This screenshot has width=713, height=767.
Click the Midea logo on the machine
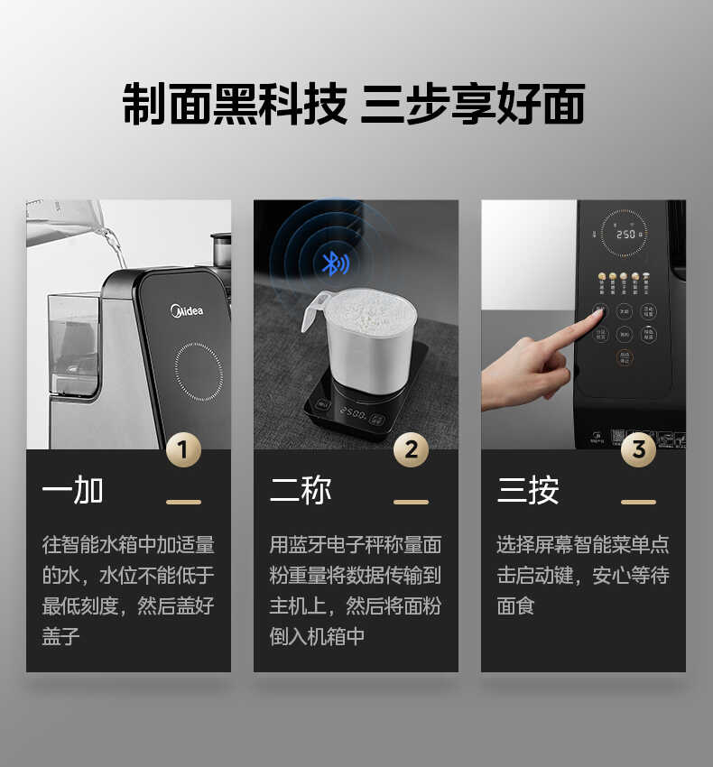(188, 310)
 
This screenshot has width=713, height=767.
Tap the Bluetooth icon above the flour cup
(335, 263)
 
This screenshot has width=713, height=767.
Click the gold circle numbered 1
(183, 448)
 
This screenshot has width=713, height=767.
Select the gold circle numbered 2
(411, 448)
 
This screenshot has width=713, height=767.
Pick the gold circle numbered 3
(638, 448)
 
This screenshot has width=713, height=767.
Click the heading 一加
(73, 491)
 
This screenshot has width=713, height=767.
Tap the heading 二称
(301, 491)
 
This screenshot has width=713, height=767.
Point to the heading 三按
(528, 491)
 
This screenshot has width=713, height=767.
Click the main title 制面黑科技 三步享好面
(354, 104)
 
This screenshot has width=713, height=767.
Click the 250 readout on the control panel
(625, 234)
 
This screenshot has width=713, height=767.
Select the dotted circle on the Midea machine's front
(199, 371)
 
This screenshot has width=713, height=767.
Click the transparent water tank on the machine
(73, 343)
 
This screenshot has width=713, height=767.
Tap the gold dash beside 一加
(183, 502)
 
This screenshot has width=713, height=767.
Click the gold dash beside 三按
(638, 502)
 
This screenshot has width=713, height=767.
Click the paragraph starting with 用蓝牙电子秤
(355, 590)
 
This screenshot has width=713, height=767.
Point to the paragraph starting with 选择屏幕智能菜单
(582, 575)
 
